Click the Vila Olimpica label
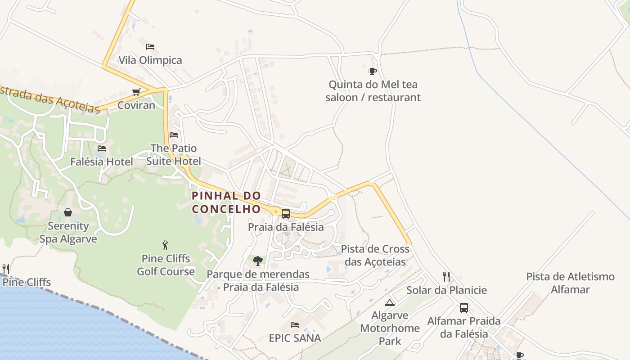(150, 60)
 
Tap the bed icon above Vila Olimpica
(150, 47)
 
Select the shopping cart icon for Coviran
(136, 92)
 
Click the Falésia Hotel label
(102, 162)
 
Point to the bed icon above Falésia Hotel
(102, 148)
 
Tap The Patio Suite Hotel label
(174, 154)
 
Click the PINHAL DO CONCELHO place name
(226, 202)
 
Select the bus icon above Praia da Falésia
(285, 214)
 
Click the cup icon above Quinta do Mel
(373, 71)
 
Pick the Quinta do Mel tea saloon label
(373, 91)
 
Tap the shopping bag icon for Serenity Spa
(68, 212)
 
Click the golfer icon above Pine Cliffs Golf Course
(166, 245)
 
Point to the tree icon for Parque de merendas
(258, 261)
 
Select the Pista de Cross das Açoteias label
(375, 255)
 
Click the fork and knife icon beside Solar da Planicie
(446, 277)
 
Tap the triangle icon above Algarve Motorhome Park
(390, 302)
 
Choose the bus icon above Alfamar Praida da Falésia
(464, 308)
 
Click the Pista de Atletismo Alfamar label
(570, 283)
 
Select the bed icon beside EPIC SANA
(295, 324)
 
